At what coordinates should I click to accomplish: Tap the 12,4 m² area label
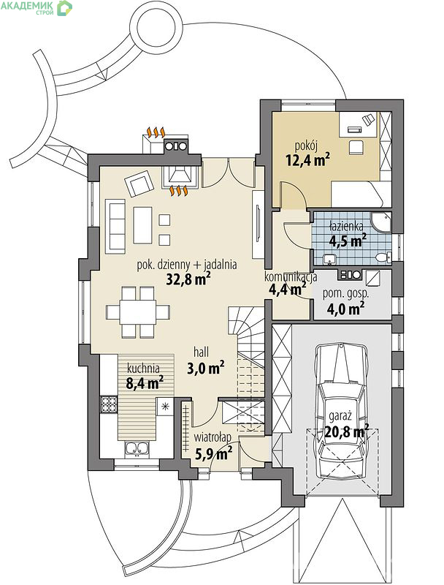[x=307, y=160]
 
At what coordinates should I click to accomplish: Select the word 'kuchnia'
[x=143, y=369]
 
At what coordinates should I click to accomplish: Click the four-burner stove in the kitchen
[x=109, y=405]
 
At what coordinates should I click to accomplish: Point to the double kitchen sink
[x=137, y=448]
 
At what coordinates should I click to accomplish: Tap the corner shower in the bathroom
[x=382, y=222]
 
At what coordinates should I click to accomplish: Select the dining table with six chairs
[x=138, y=312]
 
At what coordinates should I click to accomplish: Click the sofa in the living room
[x=115, y=226]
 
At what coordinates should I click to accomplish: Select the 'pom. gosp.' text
[x=345, y=293]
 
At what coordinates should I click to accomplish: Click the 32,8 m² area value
[x=188, y=279]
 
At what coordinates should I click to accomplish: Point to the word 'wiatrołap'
[x=213, y=437]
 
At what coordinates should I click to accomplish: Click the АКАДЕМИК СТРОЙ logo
[x=36, y=7]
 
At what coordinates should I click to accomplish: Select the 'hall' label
[x=201, y=352]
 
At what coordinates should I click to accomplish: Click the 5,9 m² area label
[x=214, y=453]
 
